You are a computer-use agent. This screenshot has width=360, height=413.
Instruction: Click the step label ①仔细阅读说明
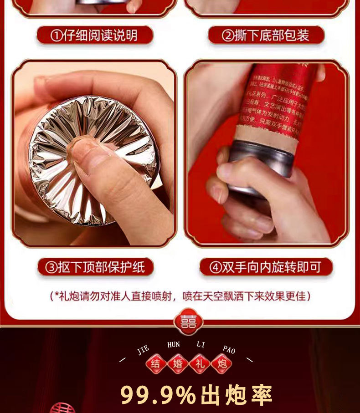point(94,35)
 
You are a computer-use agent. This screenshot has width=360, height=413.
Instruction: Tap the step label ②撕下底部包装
point(266,35)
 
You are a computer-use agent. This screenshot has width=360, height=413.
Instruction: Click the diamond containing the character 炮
point(221,363)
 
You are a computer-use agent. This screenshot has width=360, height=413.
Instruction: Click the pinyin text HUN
point(174,345)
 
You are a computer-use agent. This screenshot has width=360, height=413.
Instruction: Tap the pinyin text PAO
point(229,349)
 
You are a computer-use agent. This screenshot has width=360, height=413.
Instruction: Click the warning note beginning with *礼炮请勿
point(180,296)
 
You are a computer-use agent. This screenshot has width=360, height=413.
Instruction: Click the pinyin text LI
point(201,345)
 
